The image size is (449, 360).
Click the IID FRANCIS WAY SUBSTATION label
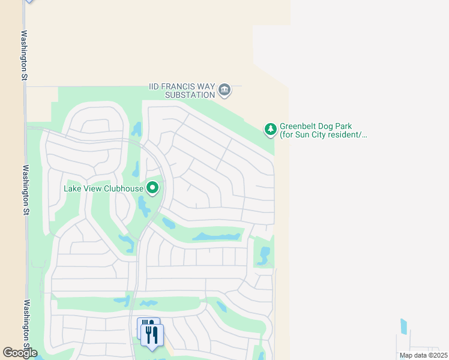[x=182, y=91]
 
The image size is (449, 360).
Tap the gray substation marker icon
[x=224, y=91]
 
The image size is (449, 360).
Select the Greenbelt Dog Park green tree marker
[x=271, y=128]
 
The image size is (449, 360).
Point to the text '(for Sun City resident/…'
[x=323, y=135]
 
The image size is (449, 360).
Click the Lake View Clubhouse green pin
[x=153, y=188]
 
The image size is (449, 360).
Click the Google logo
[x=19, y=353]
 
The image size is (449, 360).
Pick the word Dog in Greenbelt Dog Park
[x=329, y=127]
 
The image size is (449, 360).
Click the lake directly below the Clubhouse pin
[x=144, y=207]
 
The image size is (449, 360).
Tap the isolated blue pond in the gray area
[x=403, y=326]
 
